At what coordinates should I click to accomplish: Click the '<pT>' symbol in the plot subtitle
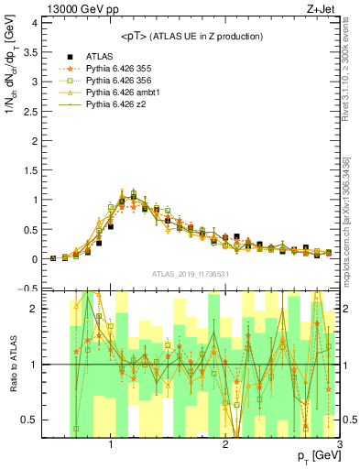click(x=134, y=36)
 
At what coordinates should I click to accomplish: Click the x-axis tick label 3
click(x=339, y=444)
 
